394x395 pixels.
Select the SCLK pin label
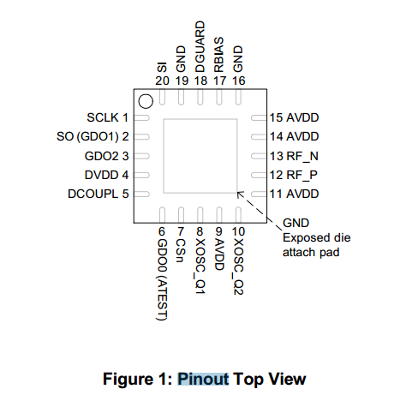point(103,117)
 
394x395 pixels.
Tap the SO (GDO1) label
point(87,136)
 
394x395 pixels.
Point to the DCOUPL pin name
point(93,194)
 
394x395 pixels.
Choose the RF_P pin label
point(301,175)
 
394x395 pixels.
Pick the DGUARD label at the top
point(200,46)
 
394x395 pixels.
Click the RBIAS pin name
point(219,54)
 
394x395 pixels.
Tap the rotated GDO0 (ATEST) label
point(162,279)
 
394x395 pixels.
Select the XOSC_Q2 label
point(238,266)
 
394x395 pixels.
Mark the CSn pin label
point(181,250)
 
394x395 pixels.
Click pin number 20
point(162,81)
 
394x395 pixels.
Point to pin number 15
point(276,117)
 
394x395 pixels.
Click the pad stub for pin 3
point(141,156)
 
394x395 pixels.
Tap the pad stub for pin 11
point(259,195)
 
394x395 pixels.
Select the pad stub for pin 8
point(200,215)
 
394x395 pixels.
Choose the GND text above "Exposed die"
point(295,223)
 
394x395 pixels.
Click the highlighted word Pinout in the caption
point(203,379)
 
